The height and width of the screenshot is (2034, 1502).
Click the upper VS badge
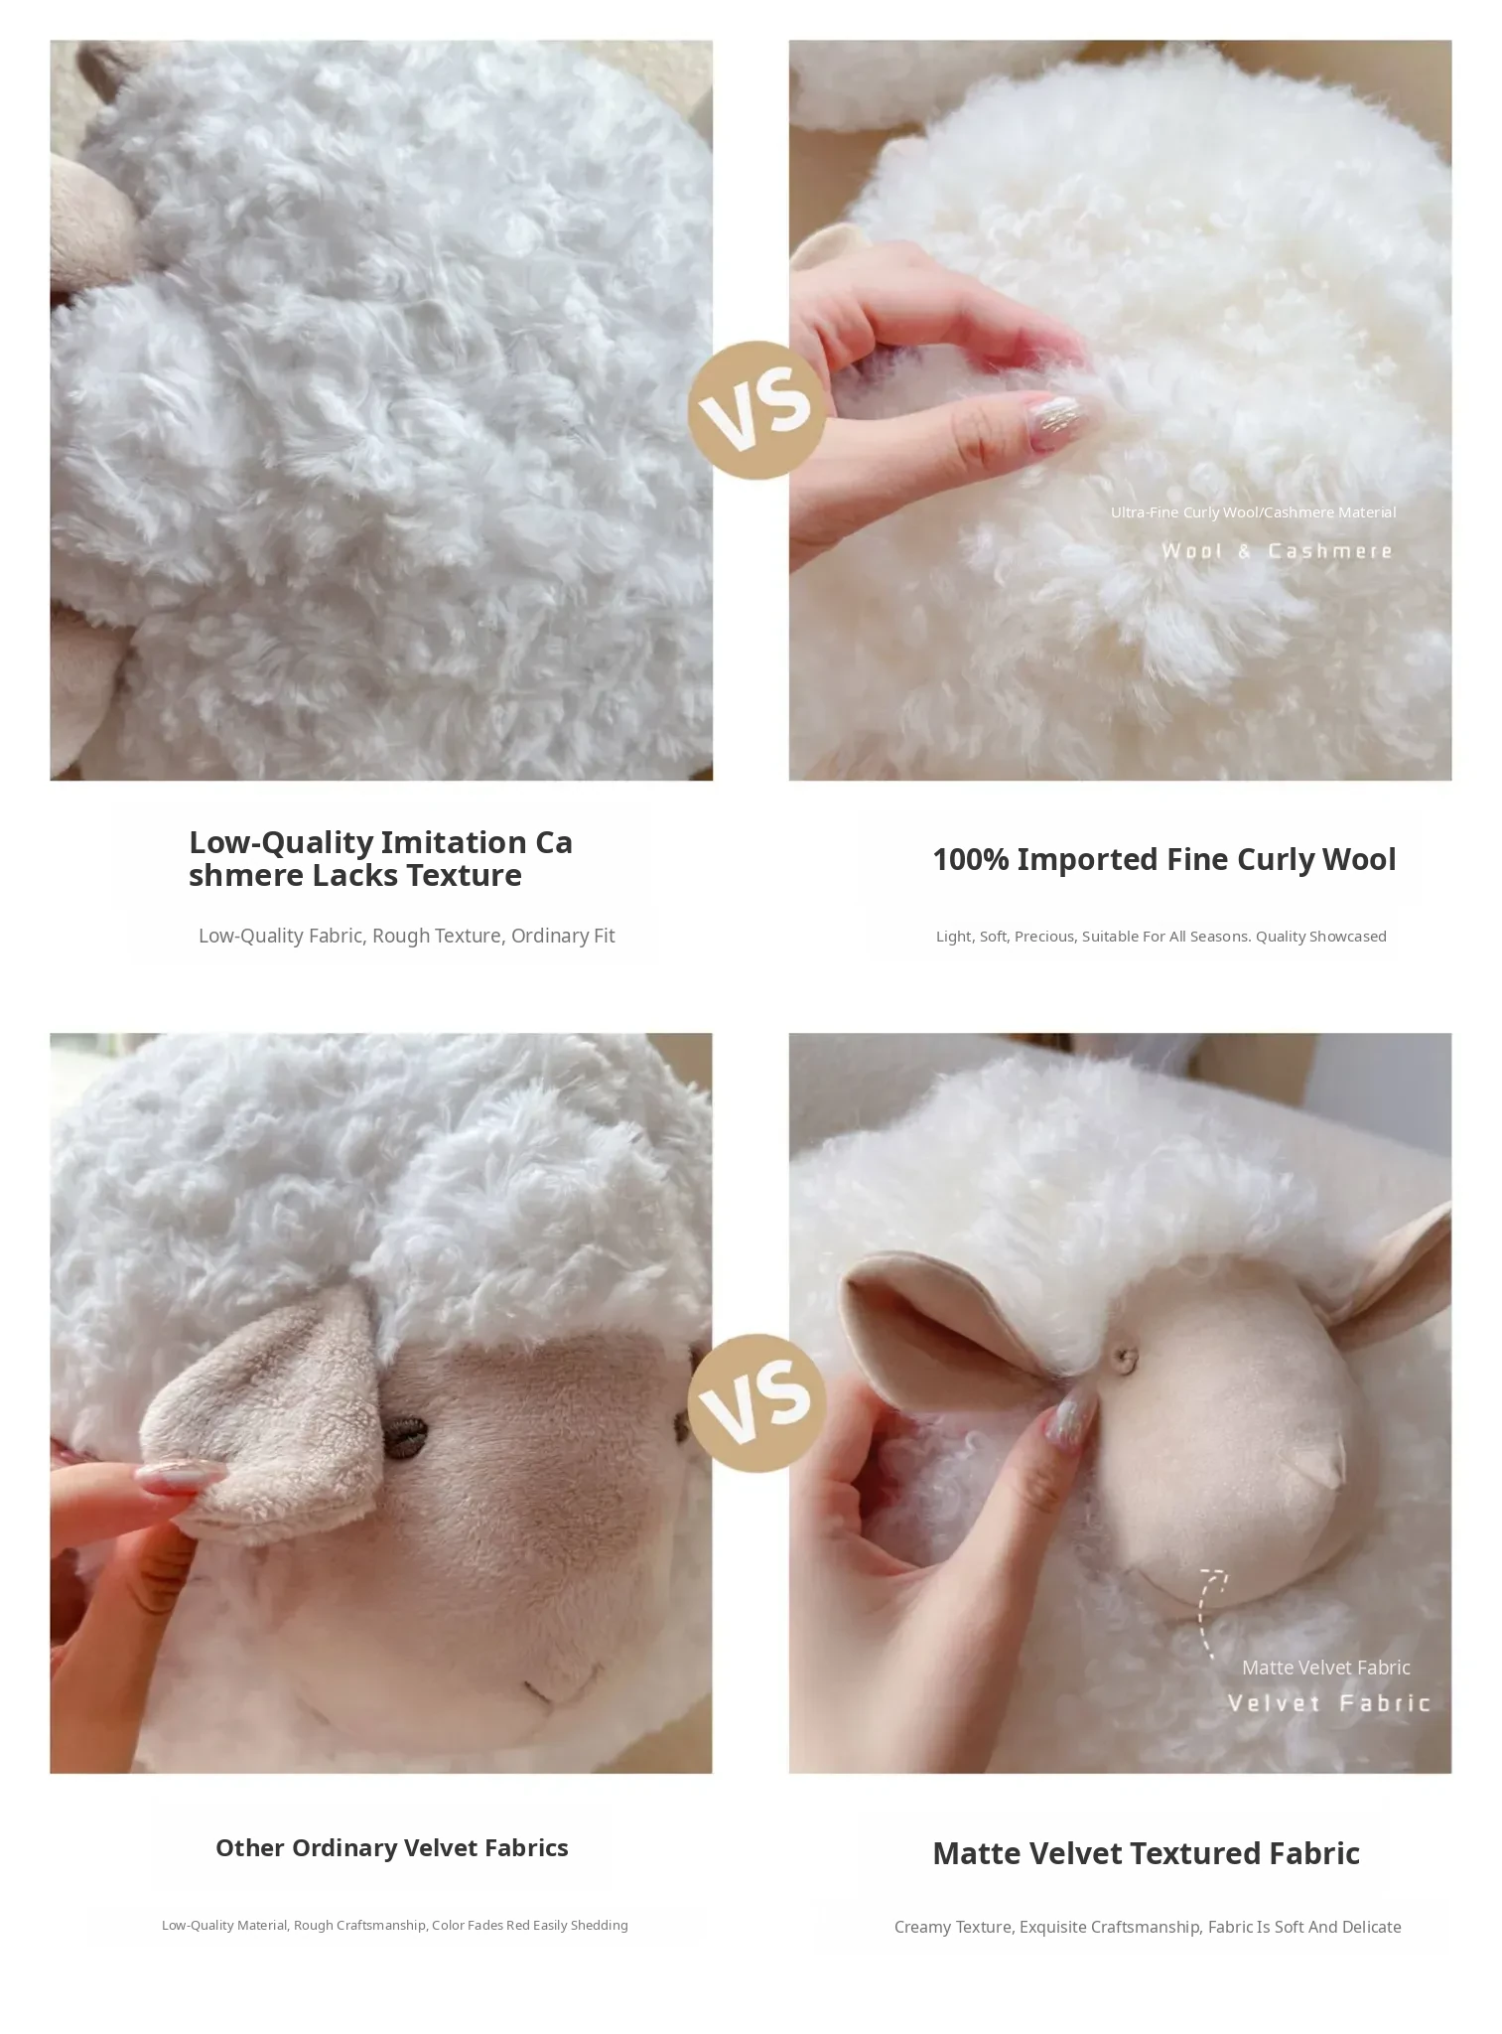coord(756,409)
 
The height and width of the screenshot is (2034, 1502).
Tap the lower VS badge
coord(756,1402)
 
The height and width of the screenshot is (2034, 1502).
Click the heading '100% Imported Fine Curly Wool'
coord(1163,859)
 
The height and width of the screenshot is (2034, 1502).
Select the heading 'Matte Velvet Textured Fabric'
coord(1146,1853)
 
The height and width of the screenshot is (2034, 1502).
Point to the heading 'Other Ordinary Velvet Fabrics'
coord(392,1847)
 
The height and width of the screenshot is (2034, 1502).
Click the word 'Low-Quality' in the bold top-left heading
coord(281,843)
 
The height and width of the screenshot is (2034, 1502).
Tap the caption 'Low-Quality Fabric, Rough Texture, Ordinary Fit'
coord(406,936)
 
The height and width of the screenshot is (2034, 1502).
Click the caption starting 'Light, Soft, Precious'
coord(1161,937)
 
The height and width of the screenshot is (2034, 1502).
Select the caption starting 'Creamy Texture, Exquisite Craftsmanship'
coord(1148,1927)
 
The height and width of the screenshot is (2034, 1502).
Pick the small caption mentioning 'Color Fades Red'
coord(394,1925)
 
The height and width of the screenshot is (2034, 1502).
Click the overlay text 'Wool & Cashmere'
coord(1277,551)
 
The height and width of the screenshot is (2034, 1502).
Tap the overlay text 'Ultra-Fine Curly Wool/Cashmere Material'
coord(1253,512)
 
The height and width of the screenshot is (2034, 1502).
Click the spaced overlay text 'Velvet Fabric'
coord(1328,1703)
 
